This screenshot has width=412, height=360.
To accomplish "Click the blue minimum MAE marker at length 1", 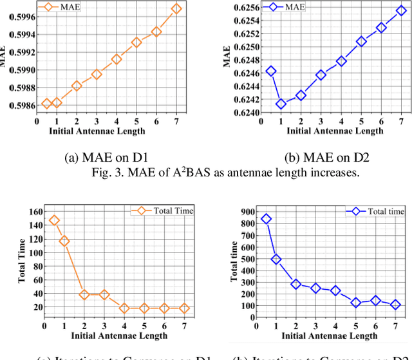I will tap(281, 104).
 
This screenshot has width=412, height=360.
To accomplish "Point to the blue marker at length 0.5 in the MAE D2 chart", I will tap(271, 71).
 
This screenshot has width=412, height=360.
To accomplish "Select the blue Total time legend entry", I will tap(376, 211).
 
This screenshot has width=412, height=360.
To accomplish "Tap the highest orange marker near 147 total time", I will tap(54, 220).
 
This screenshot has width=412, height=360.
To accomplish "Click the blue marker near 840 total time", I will tap(267, 219).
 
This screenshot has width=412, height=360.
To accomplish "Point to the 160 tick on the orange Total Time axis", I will tap(34, 212).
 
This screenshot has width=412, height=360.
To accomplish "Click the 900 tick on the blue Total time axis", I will tap(247, 211).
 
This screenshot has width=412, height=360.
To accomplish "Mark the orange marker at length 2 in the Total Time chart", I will tap(84, 295).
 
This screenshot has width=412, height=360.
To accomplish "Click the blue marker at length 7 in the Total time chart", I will tap(395, 305).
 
